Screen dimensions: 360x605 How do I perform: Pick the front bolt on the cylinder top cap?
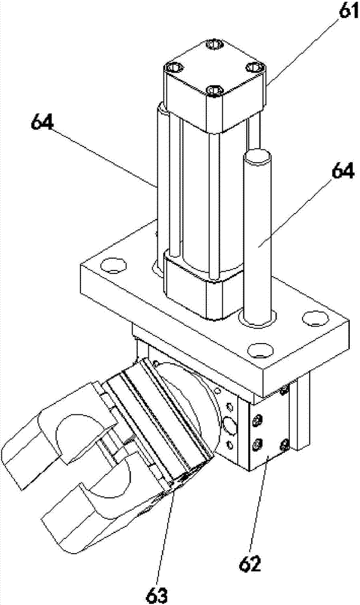click(214, 91)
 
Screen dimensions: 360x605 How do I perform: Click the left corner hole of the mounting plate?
click(113, 266)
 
